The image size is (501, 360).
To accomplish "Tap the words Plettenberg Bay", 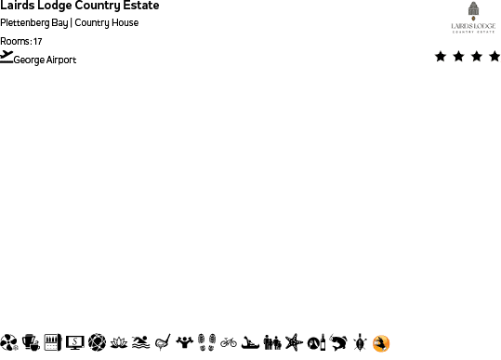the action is coord(34,23).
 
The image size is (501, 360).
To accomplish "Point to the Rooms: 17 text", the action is coord(21,41).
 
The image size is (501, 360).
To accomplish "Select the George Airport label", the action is coord(46,60).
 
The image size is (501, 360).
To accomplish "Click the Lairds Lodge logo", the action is coord(473,18).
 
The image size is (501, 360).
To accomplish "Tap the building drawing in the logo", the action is coord(473,10).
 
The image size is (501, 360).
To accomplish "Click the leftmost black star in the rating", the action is coord(440,57).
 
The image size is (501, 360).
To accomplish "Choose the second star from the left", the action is coord(458,57).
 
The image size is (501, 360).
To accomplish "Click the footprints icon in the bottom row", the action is coord(206,343).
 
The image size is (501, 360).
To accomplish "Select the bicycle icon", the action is coord(229,343).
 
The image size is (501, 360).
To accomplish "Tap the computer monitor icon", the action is coord(74,343).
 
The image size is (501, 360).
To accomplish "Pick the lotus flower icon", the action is coord(119,343).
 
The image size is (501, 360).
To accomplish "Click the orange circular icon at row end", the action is coord(381,343).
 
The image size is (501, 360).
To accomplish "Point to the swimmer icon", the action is coord(140,343).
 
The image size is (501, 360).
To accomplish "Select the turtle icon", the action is coord(360,343).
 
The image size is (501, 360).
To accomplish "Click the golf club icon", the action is coord(163,343).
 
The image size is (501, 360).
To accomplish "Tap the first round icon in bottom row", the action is coord(9,343).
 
